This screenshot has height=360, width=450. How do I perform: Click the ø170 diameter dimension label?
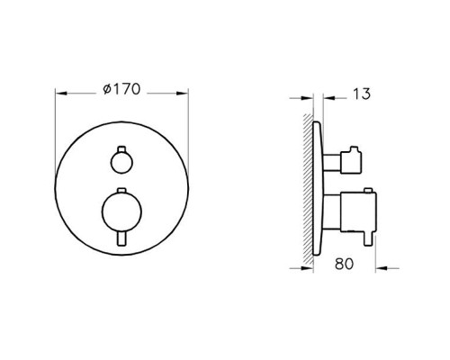click(121, 89)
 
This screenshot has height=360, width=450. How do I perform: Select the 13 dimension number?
click(362, 94)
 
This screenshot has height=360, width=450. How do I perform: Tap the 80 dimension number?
click(345, 264)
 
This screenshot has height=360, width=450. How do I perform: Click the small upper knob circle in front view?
click(121, 163)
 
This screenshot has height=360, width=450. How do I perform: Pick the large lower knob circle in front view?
click(121, 212)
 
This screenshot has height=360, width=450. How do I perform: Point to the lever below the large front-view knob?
click(121, 239)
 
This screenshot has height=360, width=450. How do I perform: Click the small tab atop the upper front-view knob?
click(121, 149)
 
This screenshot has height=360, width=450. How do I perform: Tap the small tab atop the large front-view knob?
click(121, 191)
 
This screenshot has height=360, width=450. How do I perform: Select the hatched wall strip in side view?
click(308, 189)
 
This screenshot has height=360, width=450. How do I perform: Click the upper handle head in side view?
click(351, 161)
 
